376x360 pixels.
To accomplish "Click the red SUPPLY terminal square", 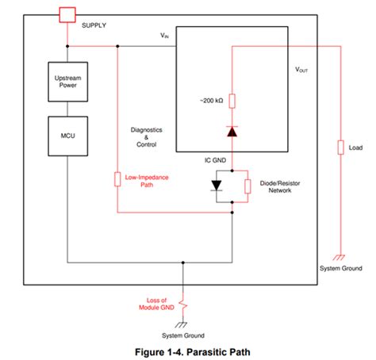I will [68, 13].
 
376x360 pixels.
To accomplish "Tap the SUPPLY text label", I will [94, 25].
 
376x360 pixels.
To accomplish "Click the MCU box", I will [67, 135].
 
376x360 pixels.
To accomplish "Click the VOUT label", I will [302, 69].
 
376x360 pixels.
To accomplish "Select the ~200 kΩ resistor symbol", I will [232, 101].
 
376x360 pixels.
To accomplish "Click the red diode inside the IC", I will [232, 131].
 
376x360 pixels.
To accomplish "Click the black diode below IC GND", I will [216, 185].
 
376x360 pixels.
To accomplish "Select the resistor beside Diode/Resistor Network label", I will [247, 186].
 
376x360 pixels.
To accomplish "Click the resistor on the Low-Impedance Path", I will [117, 179].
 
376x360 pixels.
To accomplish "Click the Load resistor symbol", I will [340, 147].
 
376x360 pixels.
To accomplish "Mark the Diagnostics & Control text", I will [146, 137].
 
